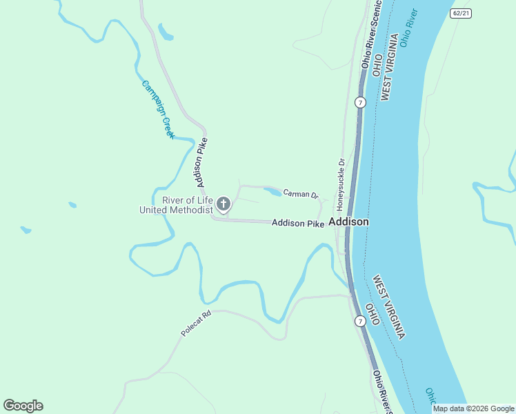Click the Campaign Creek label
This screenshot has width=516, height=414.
tap(159, 109)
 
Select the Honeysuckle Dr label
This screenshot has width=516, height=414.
tap(340, 185)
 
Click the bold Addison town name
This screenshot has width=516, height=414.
tap(348, 222)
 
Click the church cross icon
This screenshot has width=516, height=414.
tap(223, 204)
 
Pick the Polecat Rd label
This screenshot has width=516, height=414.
tap(195, 323)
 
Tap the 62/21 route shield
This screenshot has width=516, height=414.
tap(461, 13)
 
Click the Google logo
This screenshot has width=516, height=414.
tap(23, 406)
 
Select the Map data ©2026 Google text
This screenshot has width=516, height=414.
tap(473, 408)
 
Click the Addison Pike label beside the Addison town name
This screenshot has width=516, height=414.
tap(297, 223)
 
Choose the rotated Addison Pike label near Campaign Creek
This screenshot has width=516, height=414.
tap(201, 162)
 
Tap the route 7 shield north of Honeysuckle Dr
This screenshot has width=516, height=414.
tap(359, 102)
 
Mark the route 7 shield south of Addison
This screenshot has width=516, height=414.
tap(359, 322)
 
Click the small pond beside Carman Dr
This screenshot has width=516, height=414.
tap(272, 191)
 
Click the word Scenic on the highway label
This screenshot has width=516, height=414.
tap(376, 16)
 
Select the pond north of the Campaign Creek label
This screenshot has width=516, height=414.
tap(166, 32)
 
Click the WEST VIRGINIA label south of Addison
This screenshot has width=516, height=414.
tap(389, 307)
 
